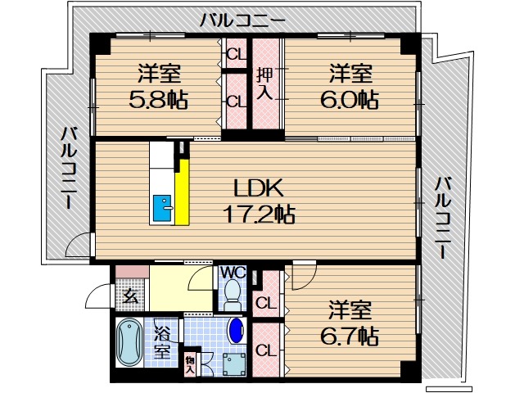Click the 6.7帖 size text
pyautogui.click(x=350, y=335)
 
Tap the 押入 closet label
pyautogui.click(x=264, y=84)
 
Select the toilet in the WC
pyautogui.click(x=233, y=292)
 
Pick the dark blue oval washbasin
pyautogui.click(x=236, y=331)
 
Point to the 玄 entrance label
pyautogui.click(x=129, y=296)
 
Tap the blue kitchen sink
pyautogui.click(x=162, y=210)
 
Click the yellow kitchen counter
pyautogui.click(x=184, y=192)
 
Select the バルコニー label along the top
pyautogui.click(x=242, y=20)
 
